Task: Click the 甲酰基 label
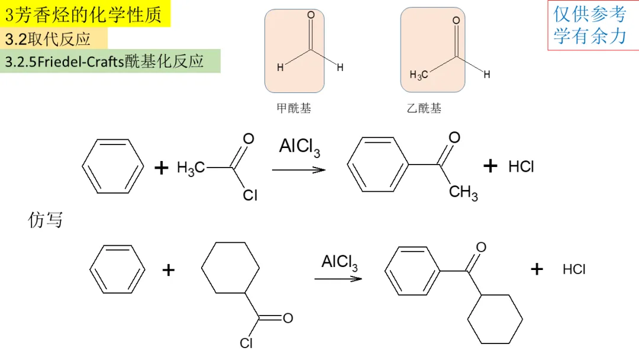click(x=293, y=108)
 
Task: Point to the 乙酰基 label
click(x=424, y=108)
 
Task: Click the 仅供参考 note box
click(x=590, y=25)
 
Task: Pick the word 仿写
click(x=46, y=220)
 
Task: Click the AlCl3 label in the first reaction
click(x=299, y=147)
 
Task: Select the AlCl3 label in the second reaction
click(x=340, y=262)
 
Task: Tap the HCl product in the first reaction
click(x=521, y=167)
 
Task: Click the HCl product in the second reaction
click(x=574, y=270)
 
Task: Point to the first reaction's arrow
click(x=299, y=170)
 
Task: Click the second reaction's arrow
click(x=338, y=278)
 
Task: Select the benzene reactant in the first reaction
click(x=112, y=166)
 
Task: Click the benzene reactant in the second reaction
click(x=117, y=269)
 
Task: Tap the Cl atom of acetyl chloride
click(x=250, y=195)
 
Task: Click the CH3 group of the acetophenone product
click(x=463, y=192)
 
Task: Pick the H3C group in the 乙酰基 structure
click(x=418, y=75)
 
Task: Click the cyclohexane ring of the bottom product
click(x=495, y=319)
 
